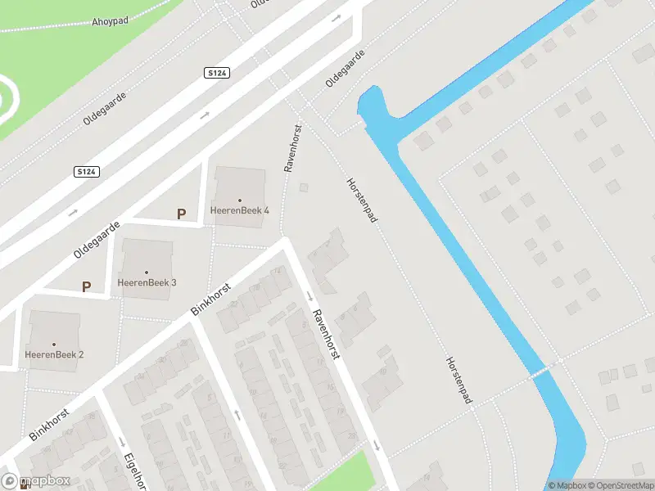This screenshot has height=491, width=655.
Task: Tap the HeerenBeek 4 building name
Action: pyautogui.click(x=239, y=210)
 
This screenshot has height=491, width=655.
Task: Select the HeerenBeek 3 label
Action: pyautogui.click(x=147, y=282)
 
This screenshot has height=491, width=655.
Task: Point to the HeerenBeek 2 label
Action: pyautogui.click(x=54, y=354)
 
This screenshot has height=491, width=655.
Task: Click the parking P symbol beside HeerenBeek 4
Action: pyautogui.click(x=182, y=214)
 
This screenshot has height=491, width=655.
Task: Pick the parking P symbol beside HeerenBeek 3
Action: pyautogui.click(x=85, y=286)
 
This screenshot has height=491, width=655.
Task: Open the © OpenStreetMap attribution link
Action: pyautogui.click(x=619, y=485)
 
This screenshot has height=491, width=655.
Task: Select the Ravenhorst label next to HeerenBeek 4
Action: pyautogui.click(x=293, y=148)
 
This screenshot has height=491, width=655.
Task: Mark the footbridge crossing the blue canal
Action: pyautogui.click(x=540, y=372)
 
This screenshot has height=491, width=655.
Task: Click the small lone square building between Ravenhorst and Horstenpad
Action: pyautogui.click(x=304, y=187)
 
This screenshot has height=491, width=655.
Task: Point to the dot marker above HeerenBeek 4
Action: pyautogui.click(x=240, y=200)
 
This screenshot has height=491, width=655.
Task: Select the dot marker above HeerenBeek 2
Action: pyautogui.click(x=54, y=344)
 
